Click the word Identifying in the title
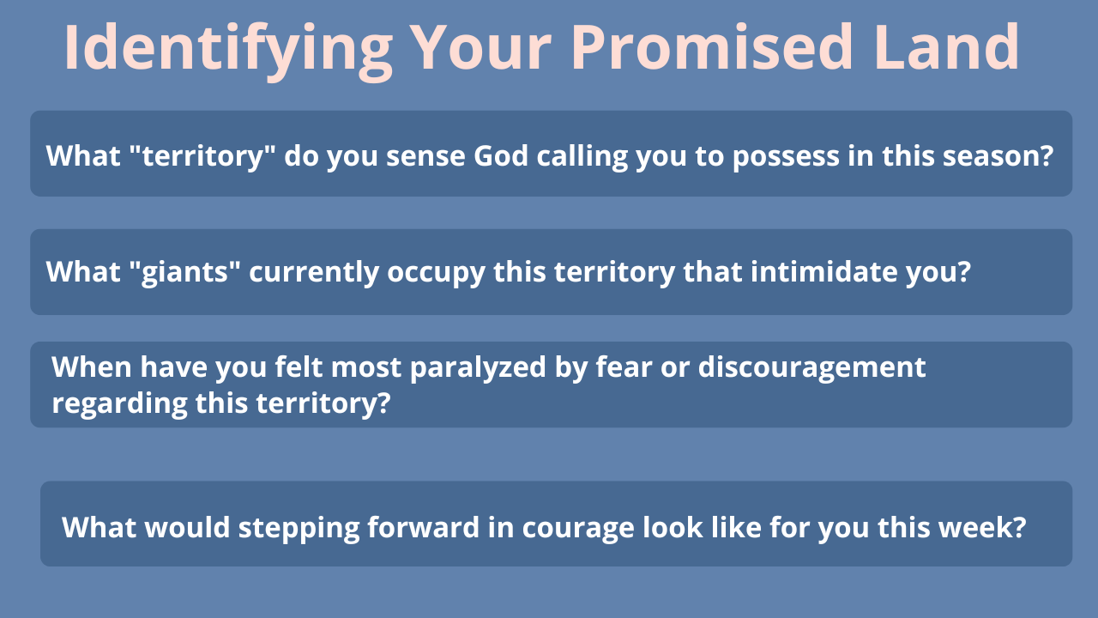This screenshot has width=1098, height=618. coord(228,50)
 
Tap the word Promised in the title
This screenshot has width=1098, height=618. coord(712,47)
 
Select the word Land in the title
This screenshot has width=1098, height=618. coord(946,46)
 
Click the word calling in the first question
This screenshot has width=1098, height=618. coord(582,157)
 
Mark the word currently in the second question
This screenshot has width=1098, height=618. coord(314,273)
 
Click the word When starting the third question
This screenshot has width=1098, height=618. coord(92,367)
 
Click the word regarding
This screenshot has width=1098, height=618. coord(119,404)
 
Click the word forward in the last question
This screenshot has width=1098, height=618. coord(424,527)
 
